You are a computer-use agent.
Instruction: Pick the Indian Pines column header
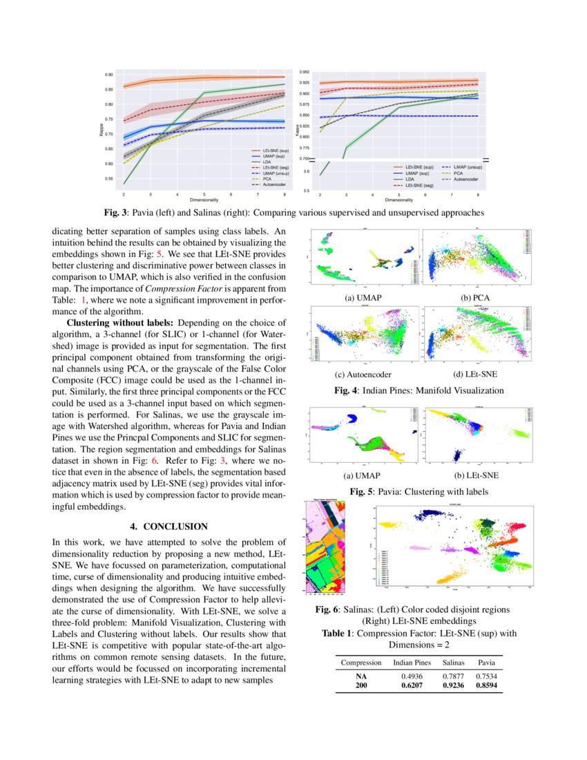(x=412, y=662)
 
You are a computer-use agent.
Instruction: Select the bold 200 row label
(x=361, y=685)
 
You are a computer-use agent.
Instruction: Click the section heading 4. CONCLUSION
(x=169, y=526)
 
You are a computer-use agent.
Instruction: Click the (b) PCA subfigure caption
(x=474, y=297)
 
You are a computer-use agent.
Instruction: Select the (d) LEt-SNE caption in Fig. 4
(x=474, y=374)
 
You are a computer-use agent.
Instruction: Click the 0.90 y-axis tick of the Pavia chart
(x=109, y=75)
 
